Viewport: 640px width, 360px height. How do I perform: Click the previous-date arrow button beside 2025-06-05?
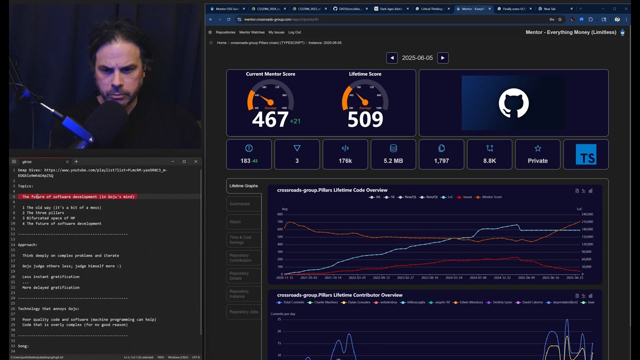391,58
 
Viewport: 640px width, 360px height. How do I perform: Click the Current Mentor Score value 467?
270,119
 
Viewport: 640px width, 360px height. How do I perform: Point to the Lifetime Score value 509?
365,119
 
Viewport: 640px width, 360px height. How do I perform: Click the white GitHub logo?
513,103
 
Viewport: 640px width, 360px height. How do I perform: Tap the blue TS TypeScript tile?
585,154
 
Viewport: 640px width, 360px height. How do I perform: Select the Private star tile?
537,154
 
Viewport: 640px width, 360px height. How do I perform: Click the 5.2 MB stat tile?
393,154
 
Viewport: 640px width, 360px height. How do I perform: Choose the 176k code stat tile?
345,154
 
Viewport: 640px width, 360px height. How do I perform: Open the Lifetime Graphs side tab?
243,186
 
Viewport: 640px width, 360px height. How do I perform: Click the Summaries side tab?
239,204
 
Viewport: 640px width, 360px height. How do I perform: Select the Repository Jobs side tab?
243,312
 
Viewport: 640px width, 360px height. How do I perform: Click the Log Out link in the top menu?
294,32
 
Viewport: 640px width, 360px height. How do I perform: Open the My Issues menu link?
276,32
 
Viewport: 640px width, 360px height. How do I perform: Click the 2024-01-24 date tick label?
453,277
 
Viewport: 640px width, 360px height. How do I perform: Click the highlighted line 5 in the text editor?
78,197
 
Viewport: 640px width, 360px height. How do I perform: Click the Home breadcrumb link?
221,43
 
